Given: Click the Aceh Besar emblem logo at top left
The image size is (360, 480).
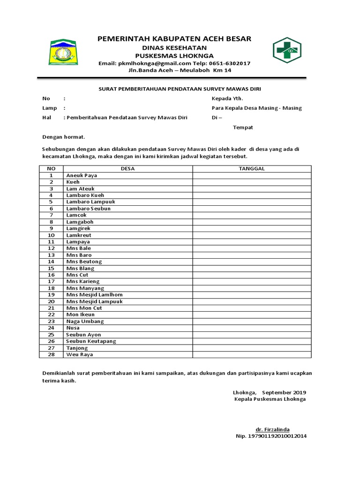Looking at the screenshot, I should click(x=64, y=52).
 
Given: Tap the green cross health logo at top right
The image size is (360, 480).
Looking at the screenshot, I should click(x=287, y=50).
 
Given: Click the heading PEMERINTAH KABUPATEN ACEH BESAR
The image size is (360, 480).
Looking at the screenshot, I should click(x=174, y=39).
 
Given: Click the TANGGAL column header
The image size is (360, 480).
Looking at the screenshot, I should click(x=252, y=169).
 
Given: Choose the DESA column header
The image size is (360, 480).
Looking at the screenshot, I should click(x=127, y=169).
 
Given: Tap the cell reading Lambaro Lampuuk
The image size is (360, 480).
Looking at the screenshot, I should click(x=90, y=202).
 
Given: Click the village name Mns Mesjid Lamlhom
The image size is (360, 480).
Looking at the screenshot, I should click(x=94, y=295).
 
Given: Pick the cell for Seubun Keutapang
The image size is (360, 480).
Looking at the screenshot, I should click(x=91, y=341).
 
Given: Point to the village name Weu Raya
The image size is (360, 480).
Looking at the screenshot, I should click(x=80, y=355).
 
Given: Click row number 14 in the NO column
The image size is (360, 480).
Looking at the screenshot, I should click(x=52, y=262).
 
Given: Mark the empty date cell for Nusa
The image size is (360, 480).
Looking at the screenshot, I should click(x=252, y=328).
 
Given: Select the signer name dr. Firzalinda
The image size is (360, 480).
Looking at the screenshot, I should click(x=272, y=429).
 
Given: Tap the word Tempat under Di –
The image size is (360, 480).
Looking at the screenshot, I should click(x=243, y=127).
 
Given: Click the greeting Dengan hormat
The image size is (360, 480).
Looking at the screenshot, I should click(x=64, y=137).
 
